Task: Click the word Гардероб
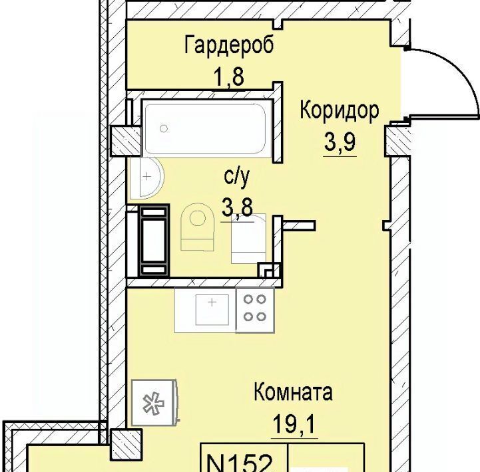(229, 45)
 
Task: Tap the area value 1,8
(229, 77)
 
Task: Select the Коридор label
(339, 110)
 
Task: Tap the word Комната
(293, 392)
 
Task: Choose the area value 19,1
(294, 424)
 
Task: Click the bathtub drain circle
(164, 129)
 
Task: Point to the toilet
(197, 226)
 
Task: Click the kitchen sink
(212, 309)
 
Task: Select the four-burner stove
(255, 310)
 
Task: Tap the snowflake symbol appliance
(154, 403)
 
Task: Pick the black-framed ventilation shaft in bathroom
(154, 241)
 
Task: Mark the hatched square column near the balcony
(126, 445)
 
